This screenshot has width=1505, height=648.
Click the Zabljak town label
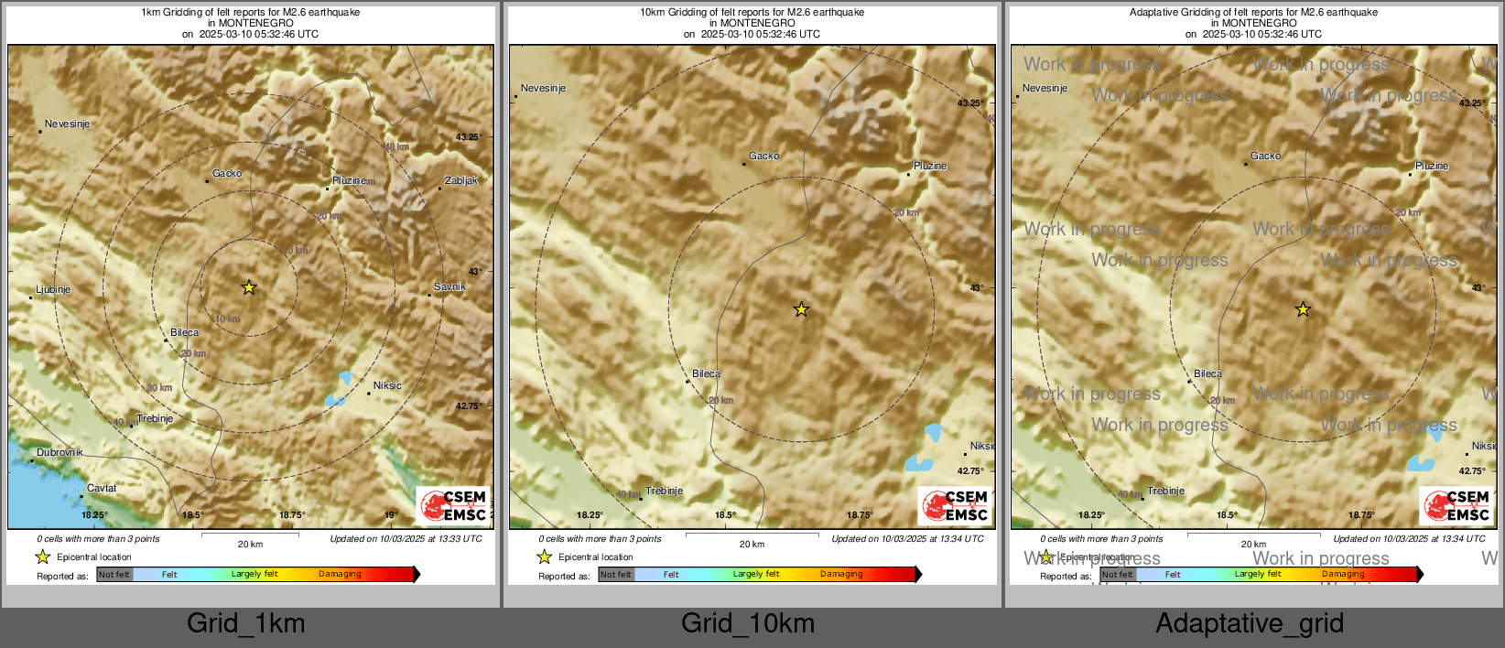[x=460, y=180]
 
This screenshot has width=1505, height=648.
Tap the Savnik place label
[x=449, y=286]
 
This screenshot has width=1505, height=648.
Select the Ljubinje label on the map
[x=53, y=289]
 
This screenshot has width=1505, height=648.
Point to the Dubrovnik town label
[x=60, y=452]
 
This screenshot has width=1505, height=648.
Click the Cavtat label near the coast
[x=102, y=488]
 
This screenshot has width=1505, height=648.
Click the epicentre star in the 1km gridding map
[x=249, y=287]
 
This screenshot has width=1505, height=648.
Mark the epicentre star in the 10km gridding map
[x=801, y=309]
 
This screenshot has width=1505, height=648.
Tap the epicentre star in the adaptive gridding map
[x=1303, y=309]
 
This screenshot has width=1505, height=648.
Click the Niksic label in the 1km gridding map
[x=387, y=385]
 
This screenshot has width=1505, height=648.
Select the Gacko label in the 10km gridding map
[x=763, y=156]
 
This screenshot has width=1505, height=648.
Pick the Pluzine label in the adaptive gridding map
[x=1432, y=166]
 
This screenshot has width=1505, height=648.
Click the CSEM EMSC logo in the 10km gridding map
[x=955, y=505]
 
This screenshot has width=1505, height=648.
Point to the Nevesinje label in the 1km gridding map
[x=68, y=124]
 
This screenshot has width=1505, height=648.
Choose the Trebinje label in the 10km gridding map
[x=664, y=491]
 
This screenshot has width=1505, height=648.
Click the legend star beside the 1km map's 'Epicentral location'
[x=42, y=556]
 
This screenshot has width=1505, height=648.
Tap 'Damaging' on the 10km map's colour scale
[x=841, y=574]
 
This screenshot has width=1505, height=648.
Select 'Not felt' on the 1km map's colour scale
[x=114, y=574]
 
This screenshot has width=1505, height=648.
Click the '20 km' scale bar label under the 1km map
[x=250, y=544]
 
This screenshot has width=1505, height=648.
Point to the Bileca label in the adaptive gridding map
[x=1207, y=373]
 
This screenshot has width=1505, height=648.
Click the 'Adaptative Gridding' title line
[x=1253, y=13]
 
